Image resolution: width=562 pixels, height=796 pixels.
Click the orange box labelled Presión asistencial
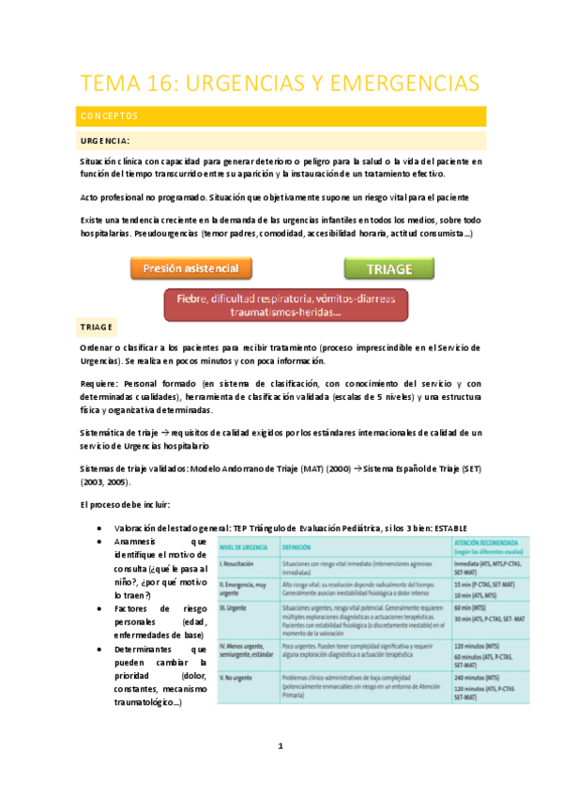[x=190, y=269]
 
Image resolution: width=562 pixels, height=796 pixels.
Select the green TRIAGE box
[x=389, y=269]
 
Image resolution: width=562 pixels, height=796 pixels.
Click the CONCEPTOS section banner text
[x=111, y=116]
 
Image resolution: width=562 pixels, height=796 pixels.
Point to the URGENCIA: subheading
[x=110, y=141]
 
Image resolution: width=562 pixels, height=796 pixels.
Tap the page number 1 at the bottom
[x=281, y=747]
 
